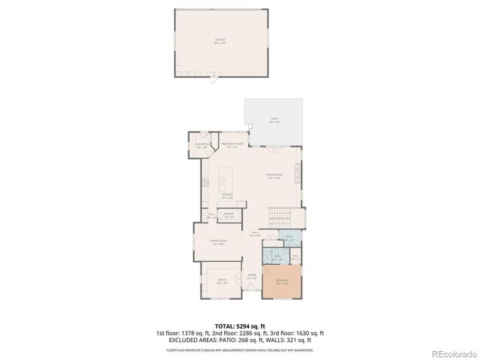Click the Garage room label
[x=220, y=41]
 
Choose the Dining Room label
[x=218, y=242]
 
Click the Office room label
[x=222, y=281]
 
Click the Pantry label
[x=229, y=215]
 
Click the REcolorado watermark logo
[x=452, y=353]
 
